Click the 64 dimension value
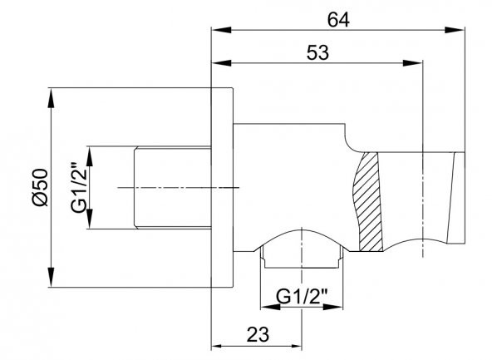pos(338,21)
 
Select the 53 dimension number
pos(317,52)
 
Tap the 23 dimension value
pos(258,334)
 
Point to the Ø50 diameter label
pos(40,187)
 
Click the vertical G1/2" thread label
pos(78,188)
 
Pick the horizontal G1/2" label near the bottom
pos(302,297)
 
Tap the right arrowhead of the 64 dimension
pos(455,30)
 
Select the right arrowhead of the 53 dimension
pos(412,63)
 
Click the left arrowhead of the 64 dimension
pos(222,30)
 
